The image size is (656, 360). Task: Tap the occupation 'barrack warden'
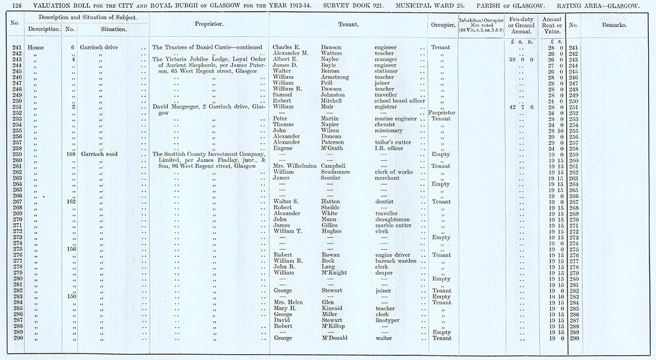pyautogui.click(x=398, y=261)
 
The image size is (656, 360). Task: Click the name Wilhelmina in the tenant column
pyautogui.click(x=295, y=166)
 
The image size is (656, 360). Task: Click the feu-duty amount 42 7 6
pyautogui.click(x=521, y=107)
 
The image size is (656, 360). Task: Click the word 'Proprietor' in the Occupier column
pyautogui.click(x=441, y=113)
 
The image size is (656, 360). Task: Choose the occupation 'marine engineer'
pyautogui.click(x=400, y=119)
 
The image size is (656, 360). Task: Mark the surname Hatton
pyautogui.click(x=333, y=202)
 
